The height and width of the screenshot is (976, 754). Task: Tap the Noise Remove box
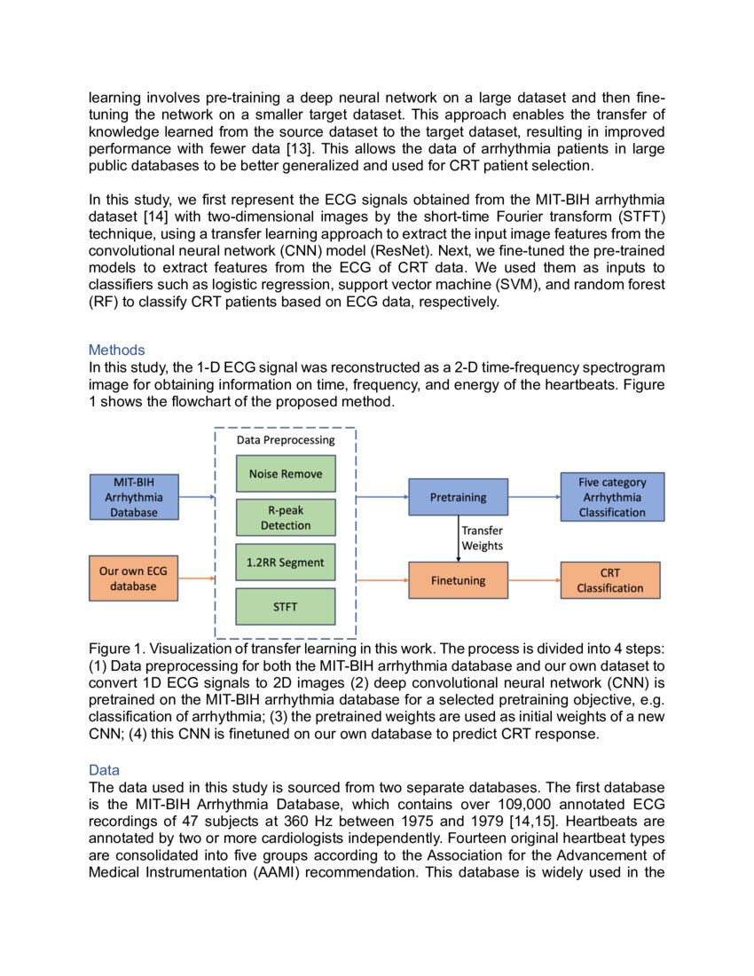[x=285, y=474]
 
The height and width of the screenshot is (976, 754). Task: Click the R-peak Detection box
[x=285, y=518]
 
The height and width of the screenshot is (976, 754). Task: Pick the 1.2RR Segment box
[x=285, y=563]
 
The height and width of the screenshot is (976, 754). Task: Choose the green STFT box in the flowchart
[x=285, y=607]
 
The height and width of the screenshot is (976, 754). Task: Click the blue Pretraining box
[x=458, y=497]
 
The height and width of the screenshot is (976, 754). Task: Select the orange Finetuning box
[x=458, y=580]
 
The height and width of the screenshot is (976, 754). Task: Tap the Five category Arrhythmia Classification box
[x=611, y=497]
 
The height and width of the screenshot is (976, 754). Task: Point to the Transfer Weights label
[x=483, y=539]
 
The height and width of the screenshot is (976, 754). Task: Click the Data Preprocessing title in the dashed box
[x=285, y=440]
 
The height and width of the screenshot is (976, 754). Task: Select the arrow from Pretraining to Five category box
[x=534, y=497]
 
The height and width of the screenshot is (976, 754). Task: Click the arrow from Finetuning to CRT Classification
[x=534, y=580]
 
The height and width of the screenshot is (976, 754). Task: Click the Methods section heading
[x=116, y=350]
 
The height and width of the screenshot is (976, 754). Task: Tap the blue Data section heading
[x=104, y=769]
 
